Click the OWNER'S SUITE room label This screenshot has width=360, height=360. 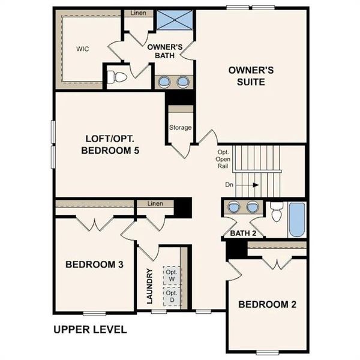tap(251, 76)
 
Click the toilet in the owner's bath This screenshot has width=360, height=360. tap(117, 77)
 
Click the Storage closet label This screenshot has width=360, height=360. tap(180, 127)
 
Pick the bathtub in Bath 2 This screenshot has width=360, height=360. tap(297, 221)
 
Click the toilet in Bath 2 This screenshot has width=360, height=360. tap(277, 212)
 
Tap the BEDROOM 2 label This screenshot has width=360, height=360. tap(267, 304)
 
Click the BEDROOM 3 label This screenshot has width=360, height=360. tap(94, 264)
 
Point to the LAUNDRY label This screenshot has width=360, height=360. tap(150, 286)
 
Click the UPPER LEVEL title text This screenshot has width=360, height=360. tap(90, 329)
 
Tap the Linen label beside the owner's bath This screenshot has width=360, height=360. tap(138, 13)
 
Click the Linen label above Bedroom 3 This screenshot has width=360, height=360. tap(155, 205)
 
